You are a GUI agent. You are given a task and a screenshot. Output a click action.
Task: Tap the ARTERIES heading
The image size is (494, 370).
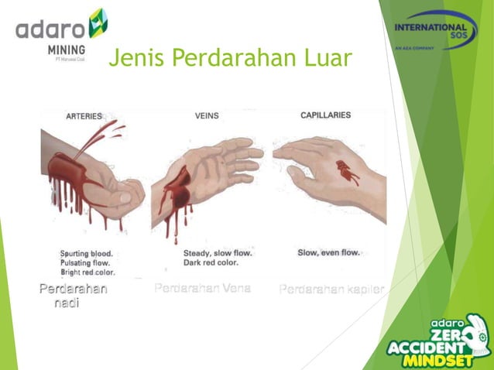click(x=84, y=117)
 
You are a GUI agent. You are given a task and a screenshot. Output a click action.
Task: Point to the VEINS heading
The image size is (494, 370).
click(x=207, y=116)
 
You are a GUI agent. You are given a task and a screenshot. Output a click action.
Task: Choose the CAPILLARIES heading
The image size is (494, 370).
click(x=325, y=115)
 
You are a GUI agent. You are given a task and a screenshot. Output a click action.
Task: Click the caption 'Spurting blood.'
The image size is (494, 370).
click(x=87, y=253)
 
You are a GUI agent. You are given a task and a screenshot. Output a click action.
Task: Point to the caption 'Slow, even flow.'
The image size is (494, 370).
click(x=328, y=253)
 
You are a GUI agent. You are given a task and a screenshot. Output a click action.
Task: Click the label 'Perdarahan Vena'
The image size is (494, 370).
click(x=202, y=289)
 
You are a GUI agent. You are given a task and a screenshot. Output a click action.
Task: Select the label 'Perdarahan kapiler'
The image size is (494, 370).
click(x=331, y=290)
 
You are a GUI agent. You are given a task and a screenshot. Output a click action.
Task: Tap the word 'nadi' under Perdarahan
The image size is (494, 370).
click(x=67, y=303)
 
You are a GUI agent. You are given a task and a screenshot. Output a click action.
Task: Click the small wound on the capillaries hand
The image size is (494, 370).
click(x=346, y=171)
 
